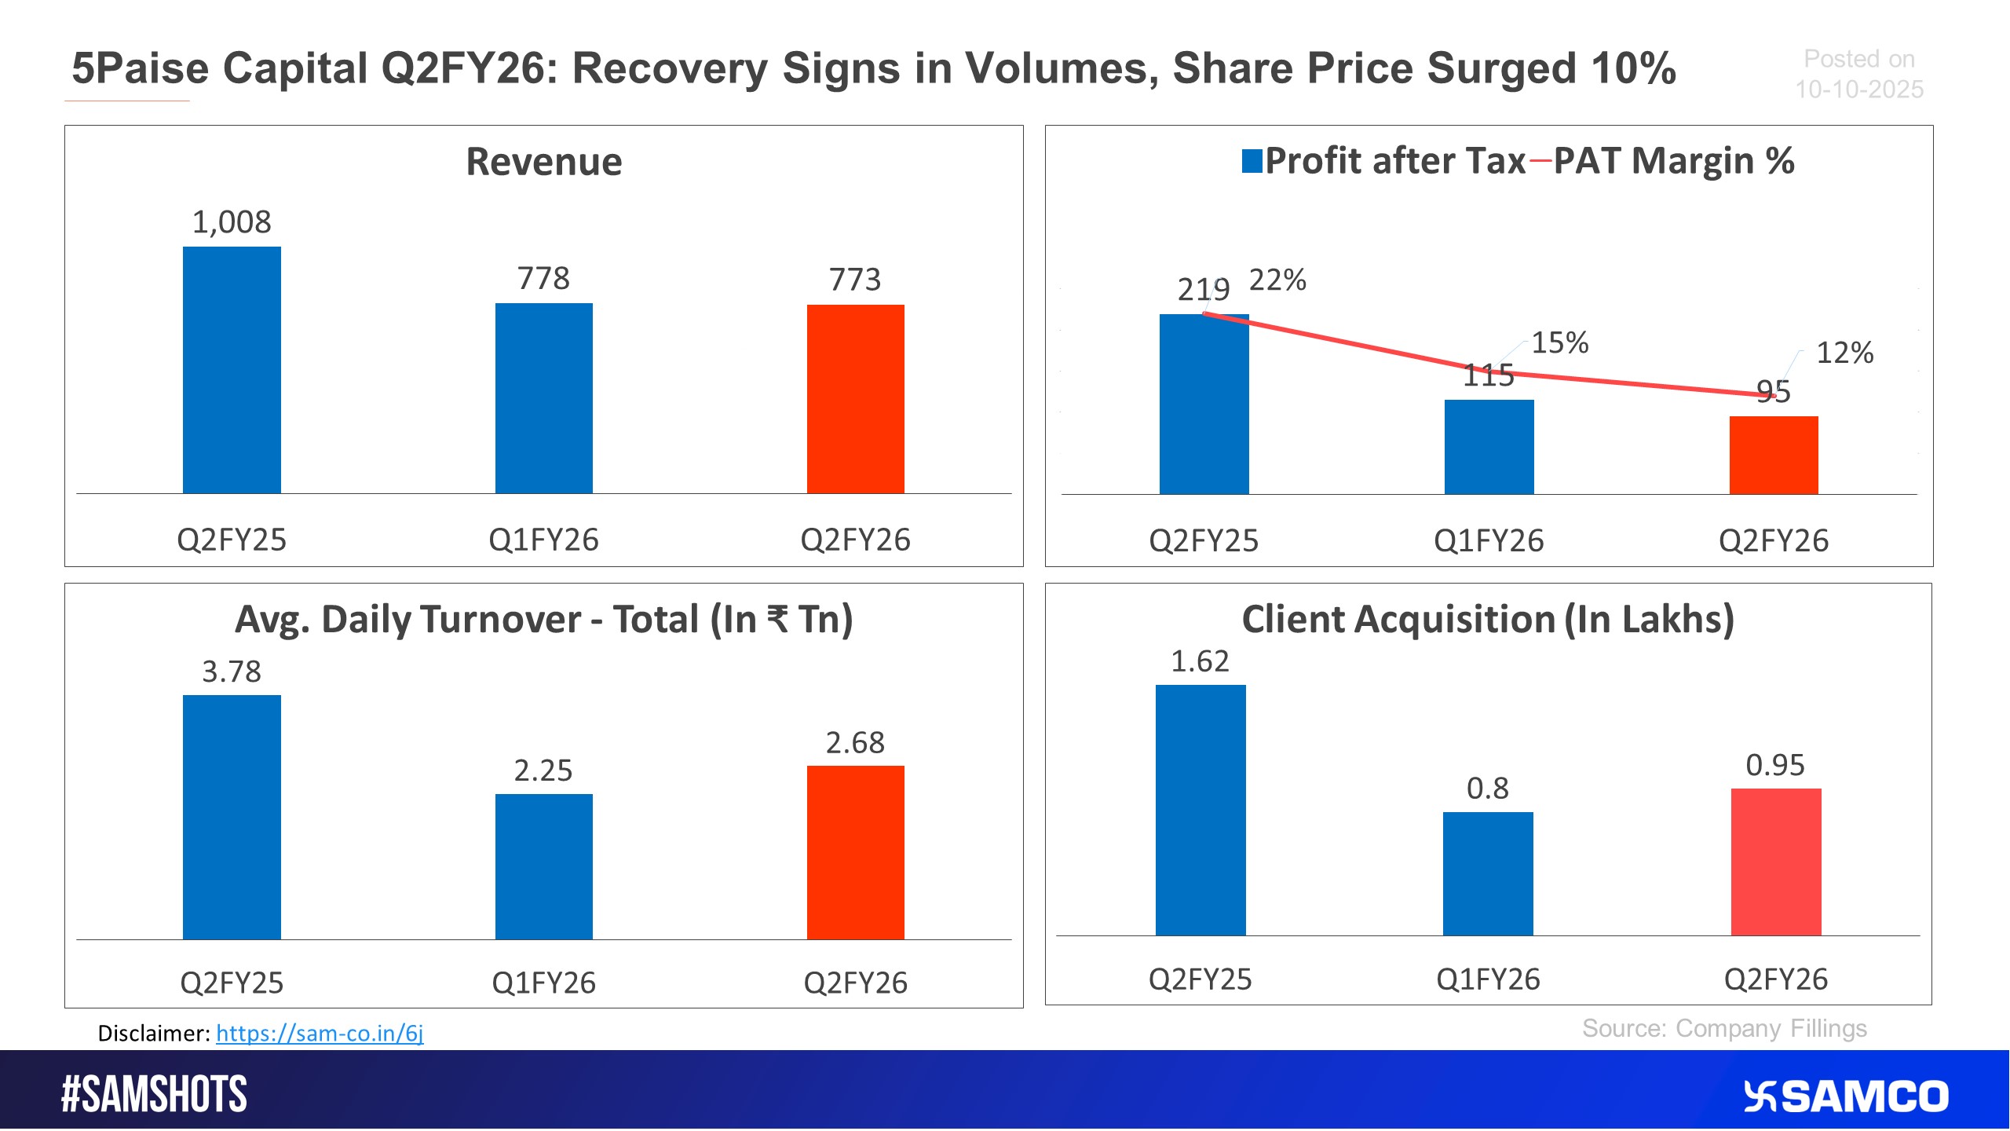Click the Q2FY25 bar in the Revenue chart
tap(232, 370)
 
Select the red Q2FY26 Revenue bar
tap(855, 399)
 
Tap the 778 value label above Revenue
tap(543, 278)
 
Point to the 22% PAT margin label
tap(1277, 280)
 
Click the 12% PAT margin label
tap(1844, 353)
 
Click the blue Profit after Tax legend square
tap(1252, 161)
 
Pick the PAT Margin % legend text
tap(1673, 161)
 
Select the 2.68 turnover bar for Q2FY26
tap(855, 852)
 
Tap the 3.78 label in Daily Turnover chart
tap(232, 672)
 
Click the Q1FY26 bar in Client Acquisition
tap(1488, 873)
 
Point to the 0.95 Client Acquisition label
tap(1775, 765)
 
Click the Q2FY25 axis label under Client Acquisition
tap(1200, 979)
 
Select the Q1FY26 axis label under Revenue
tap(543, 540)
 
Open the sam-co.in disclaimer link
tap(320, 1033)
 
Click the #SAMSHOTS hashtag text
tap(155, 1094)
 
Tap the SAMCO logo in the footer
tap(1845, 1096)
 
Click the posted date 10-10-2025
tap(1858, 90)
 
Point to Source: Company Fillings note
tap(1724, 1028)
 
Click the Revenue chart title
tap(543, 162)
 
